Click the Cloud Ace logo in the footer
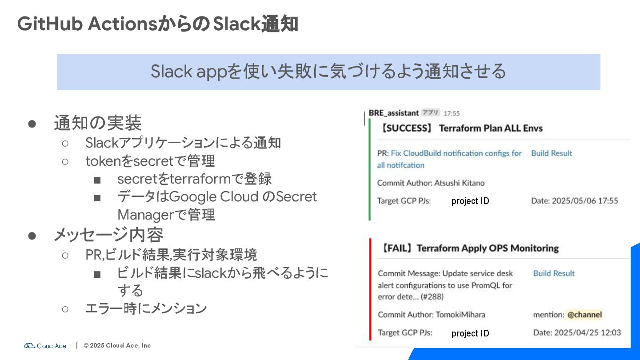coord(45,345)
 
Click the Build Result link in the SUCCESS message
coord(552,153)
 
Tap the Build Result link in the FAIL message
coord(554,273)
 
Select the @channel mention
coord(584,315)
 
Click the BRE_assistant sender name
coord(394,113)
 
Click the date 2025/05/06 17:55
coord(585,201)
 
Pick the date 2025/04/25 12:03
coord(587,332)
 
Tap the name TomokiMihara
coord(460,315)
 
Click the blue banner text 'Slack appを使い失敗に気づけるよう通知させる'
coord(328,72)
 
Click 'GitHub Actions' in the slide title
coord(87,24)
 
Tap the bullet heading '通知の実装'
coord(98,123)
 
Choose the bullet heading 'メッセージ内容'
coord(108,234)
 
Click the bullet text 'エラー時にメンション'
coord(146,308)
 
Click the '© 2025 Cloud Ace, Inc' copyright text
coord(117,345)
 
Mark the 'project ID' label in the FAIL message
coord(470,333)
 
